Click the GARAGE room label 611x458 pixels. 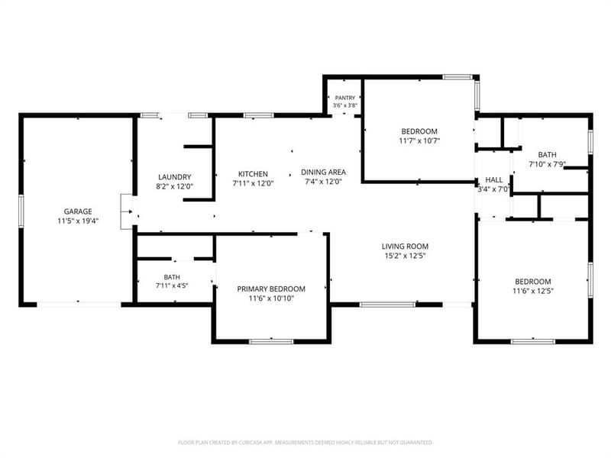[78, 211]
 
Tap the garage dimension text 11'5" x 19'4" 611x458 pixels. [78, 221]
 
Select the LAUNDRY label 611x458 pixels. [175, 177]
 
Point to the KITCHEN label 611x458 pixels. [253, 174]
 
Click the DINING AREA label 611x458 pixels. [323, 172]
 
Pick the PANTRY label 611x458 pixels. [345, 98]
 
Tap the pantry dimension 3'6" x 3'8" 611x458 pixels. [345, 105]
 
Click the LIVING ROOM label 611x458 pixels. [405, 246]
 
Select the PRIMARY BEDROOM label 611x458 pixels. [271, 289]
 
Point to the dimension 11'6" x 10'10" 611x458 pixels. [271, 298]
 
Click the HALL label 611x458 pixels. [493, 180]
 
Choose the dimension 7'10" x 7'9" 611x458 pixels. [547, 164]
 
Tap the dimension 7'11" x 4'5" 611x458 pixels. [172, 285]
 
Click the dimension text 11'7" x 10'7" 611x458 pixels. [419, 141]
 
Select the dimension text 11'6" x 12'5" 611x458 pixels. [533, 291]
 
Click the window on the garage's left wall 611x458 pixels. [21, 211]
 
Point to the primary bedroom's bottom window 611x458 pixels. [271, 341]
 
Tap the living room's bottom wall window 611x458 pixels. [387, 305]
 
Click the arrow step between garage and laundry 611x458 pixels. [128, 211]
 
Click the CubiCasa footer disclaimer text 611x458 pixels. [305, 443]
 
